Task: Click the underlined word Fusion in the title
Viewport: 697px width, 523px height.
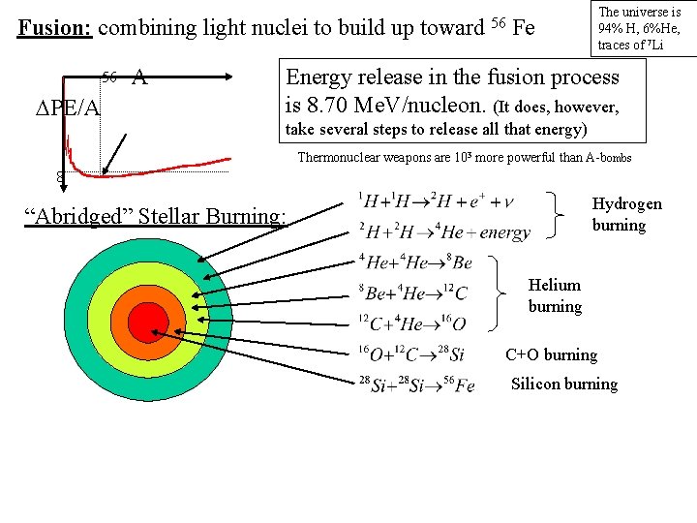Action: click(55, 27)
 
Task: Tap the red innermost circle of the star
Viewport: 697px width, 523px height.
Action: click(148, 322)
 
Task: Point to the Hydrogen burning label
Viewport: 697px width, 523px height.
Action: click(626, 214)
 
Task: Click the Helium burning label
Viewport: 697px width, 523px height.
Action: click(555, 295)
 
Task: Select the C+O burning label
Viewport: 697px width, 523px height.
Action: click(551, 354)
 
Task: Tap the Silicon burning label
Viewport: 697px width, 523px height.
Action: click(563, 384)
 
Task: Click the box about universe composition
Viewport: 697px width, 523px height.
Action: click(640, 28)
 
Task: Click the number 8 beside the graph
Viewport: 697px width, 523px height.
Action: click(60, 178)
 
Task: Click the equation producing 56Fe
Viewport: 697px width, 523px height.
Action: click(416, 385)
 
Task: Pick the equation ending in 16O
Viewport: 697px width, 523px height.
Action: click(411, 323)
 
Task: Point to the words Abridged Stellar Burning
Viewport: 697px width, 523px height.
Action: click(160, 214)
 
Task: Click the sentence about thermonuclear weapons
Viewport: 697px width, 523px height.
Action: click(464, 157)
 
